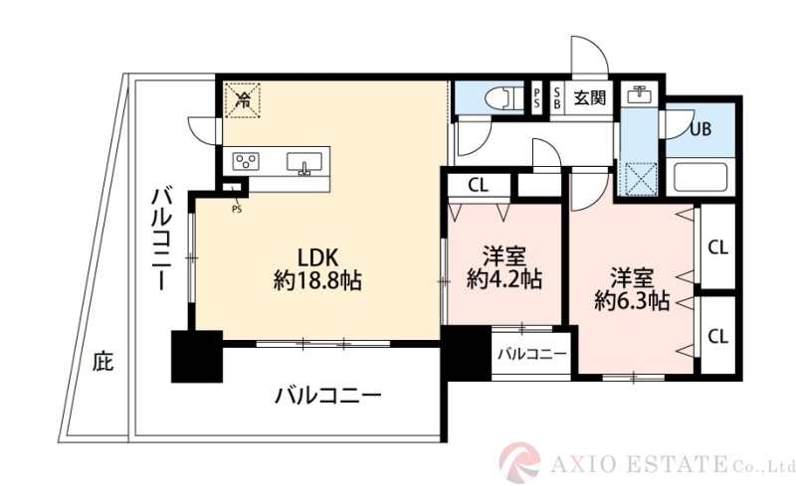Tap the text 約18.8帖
coord(317,281)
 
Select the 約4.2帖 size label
coord(504,279)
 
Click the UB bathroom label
coord(700,128)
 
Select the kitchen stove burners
coord(246,161)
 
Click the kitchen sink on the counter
coord(305,162)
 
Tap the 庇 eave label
coord(102,361)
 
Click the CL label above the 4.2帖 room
coord(478,184)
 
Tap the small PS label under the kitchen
coord(237,209)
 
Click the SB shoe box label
coord(556,97)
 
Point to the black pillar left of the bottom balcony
coord(196,355)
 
